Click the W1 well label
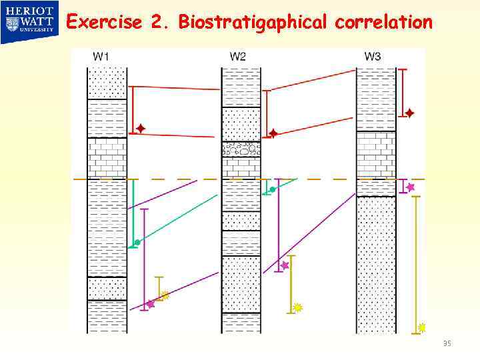[x=101, y=57]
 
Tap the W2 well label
[x=237, y=57]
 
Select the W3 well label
[x=373, y=57]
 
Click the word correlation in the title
[x=383, y=23]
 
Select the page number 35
[x=447, y=343]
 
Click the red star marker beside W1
[x=141, y=128]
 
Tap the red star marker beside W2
[x=273, y=133]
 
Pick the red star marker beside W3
[x=409, y=113]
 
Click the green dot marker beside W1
[x=137, y=242]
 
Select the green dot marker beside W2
[x=273, y=190]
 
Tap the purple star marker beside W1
[x=151, y=304]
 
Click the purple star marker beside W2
[x=285, y=265]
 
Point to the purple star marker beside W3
[x=411, y=187]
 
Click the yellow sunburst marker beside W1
[x=165, y=295]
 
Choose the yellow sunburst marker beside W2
[x=298, y=307]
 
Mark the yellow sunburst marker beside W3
[x=421, y=327]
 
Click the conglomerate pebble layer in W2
[x=241, y=149]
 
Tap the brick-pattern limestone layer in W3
[x=375, y=155]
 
